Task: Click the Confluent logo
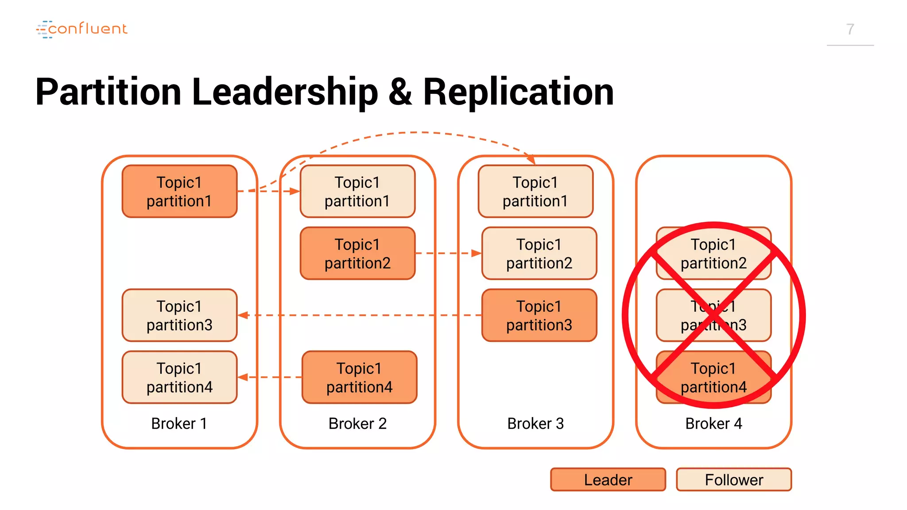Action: click(x=82, y=29)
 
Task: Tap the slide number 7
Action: click(x=850, y=29)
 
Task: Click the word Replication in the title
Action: click(x=518, y=92)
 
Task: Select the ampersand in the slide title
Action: click(x=400, y=92)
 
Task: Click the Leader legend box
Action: click(x=608, y=479)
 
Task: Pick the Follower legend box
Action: click(x=733, y=479)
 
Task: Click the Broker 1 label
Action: click(x=179, y=424)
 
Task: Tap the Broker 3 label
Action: click(x=535, y=424)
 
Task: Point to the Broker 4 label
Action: click(x=713, y=424)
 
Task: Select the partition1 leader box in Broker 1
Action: click(x=179, y=191)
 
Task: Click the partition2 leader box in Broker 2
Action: click(x=357, y=253)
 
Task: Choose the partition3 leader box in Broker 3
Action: click(x=539, y=315)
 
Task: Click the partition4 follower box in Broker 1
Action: click(x=179, y=377)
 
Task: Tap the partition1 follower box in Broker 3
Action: click(x=535, y=191)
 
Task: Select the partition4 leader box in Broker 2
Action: click(x=359, y=377)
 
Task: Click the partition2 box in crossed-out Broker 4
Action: click(x=713, y=253)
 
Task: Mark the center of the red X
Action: click(x=713, y=315)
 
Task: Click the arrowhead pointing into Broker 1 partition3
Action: click(x=243, y=315)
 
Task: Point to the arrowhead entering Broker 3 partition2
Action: click(x=477, y=253)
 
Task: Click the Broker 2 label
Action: click(x=357, y=424)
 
